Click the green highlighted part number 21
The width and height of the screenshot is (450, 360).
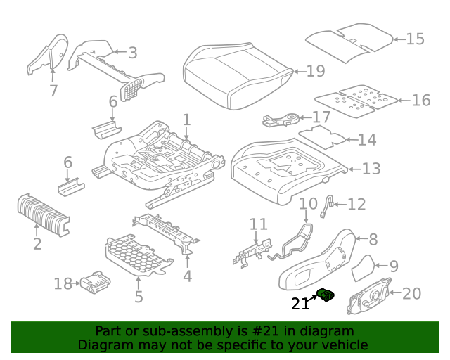(326, 295)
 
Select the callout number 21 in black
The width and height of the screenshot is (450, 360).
(300, 304)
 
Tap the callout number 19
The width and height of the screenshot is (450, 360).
(316, 71)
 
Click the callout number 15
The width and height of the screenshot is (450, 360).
(415, 39)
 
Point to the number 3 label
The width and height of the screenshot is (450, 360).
(133, 53)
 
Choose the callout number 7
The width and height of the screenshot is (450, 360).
(53, 91)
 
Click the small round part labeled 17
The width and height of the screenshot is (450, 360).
(281, 120)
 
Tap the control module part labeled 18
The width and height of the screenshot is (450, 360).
(96, 282)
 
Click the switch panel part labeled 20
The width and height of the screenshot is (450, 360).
(368, 296)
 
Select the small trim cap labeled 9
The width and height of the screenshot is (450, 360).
(363, 268)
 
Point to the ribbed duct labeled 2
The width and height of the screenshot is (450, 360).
(44, 214)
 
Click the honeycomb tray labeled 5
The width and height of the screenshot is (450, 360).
(139, 255)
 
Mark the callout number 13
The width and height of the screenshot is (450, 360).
(371, 169)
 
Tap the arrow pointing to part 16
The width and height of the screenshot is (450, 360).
(404, 101)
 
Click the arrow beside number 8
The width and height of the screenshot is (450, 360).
(361, 238)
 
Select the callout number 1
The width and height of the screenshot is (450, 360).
(186, 120)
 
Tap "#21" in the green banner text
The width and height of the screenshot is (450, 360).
(266, 331)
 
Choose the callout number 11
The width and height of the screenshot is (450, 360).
(259, 224)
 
